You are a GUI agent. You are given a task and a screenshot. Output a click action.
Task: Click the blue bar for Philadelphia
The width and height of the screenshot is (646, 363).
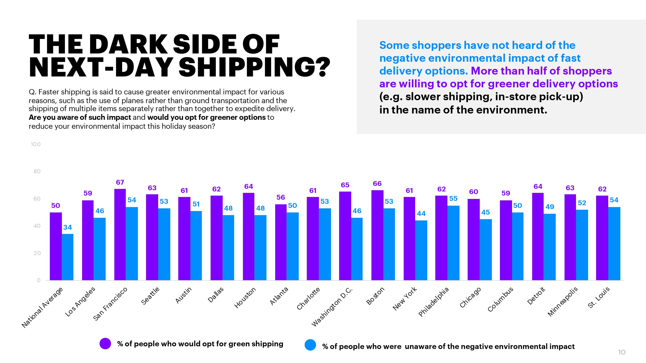click(453, 243)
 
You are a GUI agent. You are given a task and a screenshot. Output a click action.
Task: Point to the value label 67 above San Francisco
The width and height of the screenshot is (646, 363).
click(120, 182)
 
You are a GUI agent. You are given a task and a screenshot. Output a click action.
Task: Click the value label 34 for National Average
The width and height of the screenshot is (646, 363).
click(68, 227)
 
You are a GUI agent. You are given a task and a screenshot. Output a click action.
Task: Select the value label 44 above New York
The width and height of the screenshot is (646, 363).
click(421, 213)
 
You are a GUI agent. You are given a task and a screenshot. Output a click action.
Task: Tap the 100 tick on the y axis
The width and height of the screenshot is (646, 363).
click(36, 144)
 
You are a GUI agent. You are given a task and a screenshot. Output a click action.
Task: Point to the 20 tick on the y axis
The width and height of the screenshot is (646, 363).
click(37, 253)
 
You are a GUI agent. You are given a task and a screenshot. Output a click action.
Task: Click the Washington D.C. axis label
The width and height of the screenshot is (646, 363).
click(332, 307)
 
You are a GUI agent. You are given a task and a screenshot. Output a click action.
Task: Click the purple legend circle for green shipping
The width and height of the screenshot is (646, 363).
click(105, 343)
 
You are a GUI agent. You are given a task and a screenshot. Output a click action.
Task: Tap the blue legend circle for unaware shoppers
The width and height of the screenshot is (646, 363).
click(310, 345)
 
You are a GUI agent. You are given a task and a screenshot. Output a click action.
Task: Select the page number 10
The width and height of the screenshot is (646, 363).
click(622, 352)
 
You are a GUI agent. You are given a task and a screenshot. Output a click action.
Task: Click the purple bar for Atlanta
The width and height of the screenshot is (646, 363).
click(281, 242)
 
